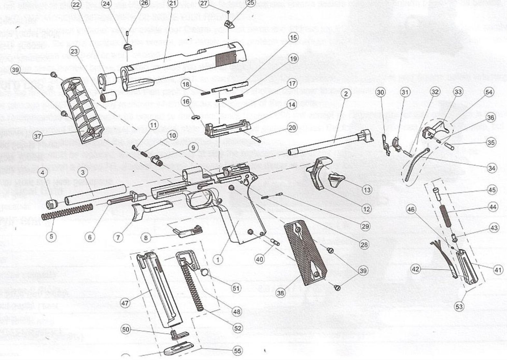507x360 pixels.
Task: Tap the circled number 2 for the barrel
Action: (346, 94)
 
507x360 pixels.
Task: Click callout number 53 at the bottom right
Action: (459, 306)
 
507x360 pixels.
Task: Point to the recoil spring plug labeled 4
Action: (52, 204)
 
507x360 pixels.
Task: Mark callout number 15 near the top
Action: (293, 38)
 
